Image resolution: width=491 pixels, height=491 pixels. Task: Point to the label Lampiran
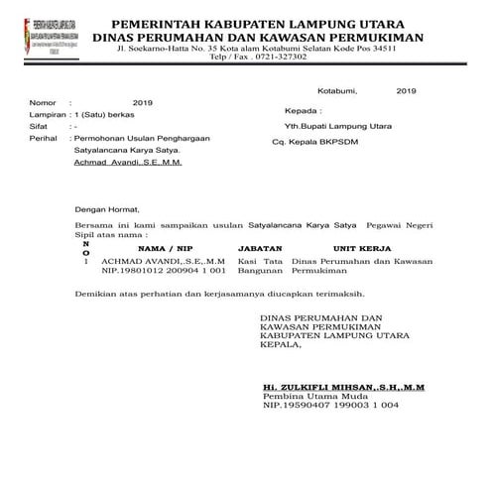pyautogui.click(x=49, y=115)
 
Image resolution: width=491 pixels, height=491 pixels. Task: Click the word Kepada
pyautogui.click(x=303, y=111)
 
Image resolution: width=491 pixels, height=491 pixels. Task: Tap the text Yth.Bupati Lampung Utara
pyautogui.click(x=336, y=127)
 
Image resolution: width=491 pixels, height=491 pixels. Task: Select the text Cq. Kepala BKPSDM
pyautogui.click(x=319, y=143)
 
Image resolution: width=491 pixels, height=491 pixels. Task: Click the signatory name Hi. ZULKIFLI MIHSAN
pyautogui.click(x=322, y=385)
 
